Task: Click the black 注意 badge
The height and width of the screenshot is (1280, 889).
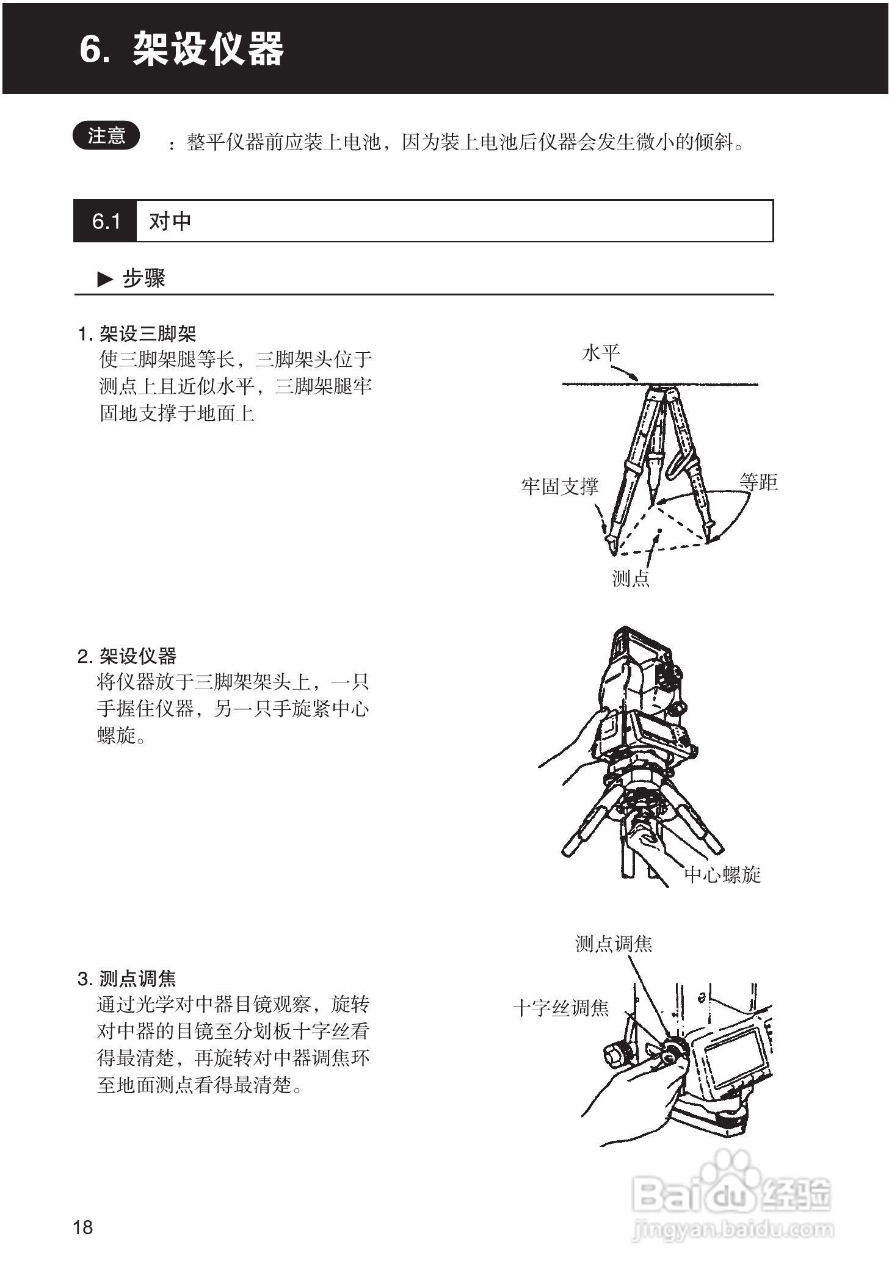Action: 106,136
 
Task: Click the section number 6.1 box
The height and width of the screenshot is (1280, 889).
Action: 105,221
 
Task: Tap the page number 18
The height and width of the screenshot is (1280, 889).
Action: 83,1227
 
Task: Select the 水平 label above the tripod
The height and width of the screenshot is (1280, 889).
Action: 601,352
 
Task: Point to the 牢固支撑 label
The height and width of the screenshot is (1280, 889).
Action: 559,486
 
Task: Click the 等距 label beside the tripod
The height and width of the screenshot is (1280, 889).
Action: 758,482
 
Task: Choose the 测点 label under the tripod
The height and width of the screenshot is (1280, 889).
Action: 631,577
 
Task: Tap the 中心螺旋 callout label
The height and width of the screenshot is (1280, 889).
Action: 722,875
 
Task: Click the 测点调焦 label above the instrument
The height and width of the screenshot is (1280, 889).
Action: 614,944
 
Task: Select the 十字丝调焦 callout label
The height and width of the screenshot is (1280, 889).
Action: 561,1007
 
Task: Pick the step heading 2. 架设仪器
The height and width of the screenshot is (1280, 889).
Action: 127,656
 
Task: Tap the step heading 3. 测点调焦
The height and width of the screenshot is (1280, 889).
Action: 127,978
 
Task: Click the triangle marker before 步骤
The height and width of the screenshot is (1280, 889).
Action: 105,280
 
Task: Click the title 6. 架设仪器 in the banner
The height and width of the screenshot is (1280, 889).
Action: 182,49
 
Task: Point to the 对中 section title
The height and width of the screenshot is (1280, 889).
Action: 170,221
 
